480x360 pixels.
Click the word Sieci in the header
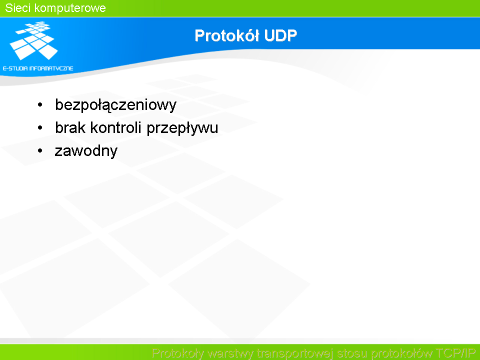click(17, 8)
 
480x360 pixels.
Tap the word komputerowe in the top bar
click(70, 8)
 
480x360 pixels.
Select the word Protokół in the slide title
click(227, 35)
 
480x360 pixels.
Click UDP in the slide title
click(280, 35)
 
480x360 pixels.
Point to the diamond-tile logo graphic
click(33, 40)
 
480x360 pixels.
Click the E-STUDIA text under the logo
click(15, 68)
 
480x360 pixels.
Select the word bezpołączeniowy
click(115, 105)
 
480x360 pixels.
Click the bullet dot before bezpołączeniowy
click(40, 105)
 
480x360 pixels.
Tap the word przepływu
click(182, 128)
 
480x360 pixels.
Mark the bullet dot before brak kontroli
click(40, 127)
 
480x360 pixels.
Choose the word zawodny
click(86, 151)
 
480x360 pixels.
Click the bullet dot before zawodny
click(40, 150)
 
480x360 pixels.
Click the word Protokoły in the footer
click(177, 353)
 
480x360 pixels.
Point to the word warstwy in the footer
click(230, 353)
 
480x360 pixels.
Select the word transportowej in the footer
click(295, 353)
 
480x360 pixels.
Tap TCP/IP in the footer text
click(455, 353)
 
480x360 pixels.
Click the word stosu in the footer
click(352, 353)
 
